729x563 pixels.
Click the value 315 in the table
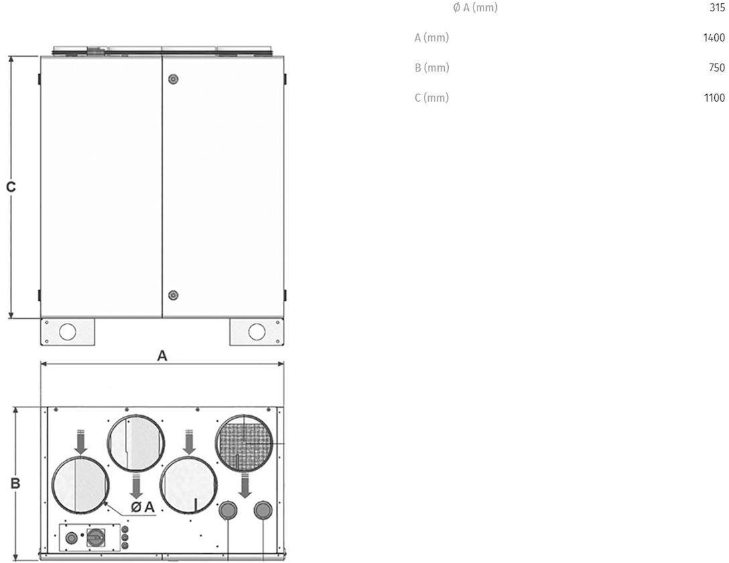tap(717, 7)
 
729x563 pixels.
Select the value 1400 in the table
tap(714, 37)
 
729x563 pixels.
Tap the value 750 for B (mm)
tap(717, 68)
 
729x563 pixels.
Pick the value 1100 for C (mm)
tap(714, 98)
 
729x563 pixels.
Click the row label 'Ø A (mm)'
tap(475, 8)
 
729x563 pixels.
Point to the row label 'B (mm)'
tap(432, 68)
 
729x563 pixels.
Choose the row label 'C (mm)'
tap(432, 98)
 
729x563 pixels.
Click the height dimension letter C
tap(11, 187)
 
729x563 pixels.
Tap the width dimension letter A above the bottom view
tap(162, 356)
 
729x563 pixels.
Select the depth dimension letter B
tap(15, 483)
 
